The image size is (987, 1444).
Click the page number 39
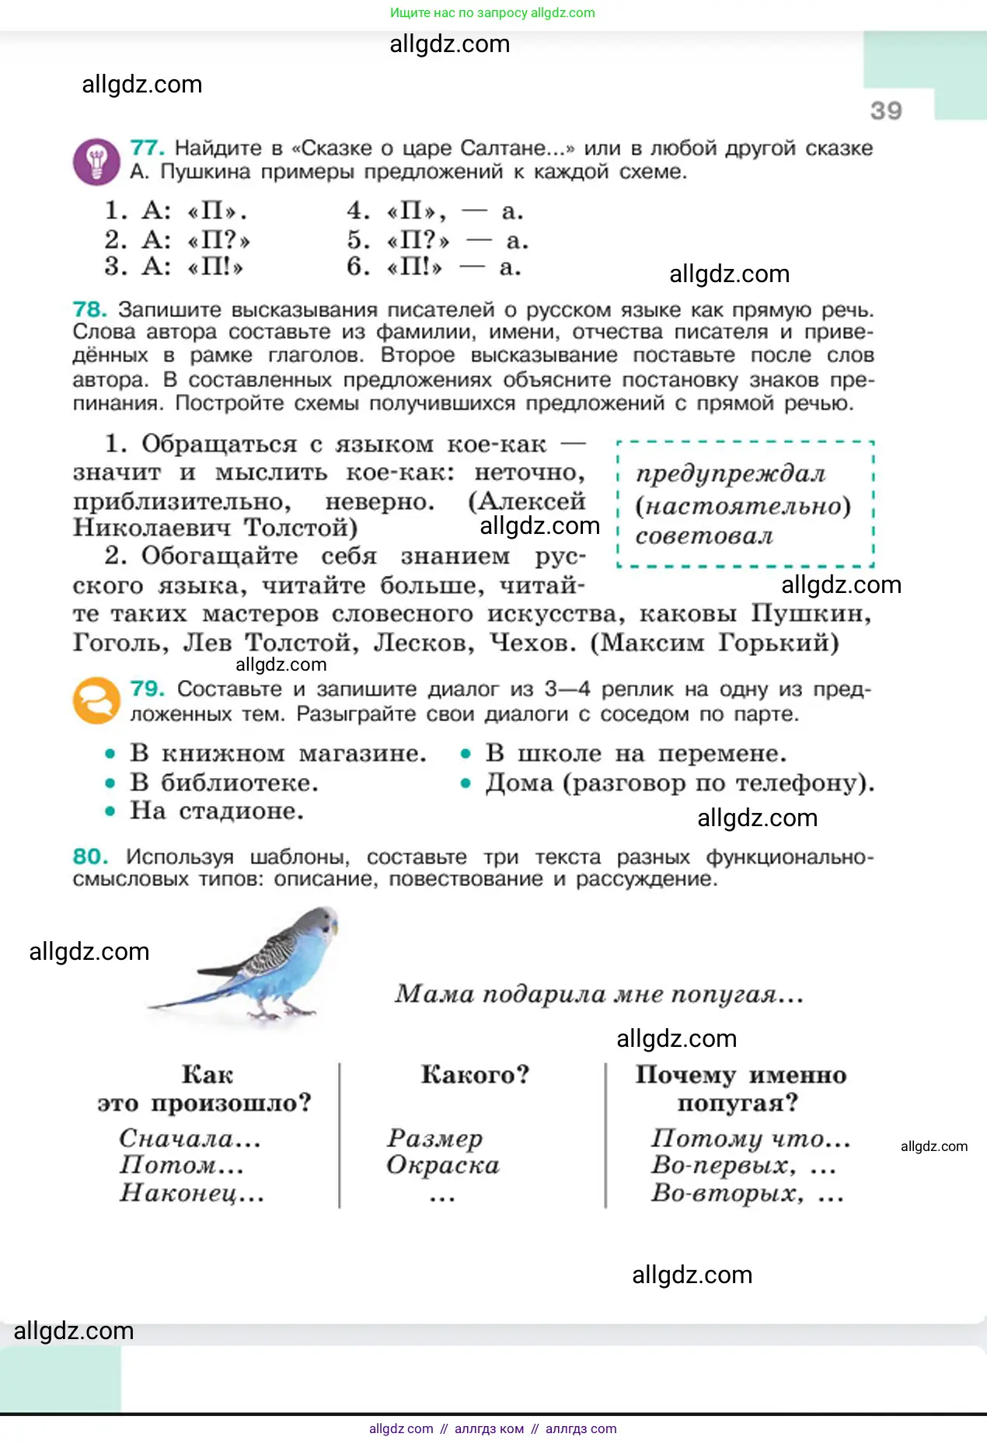point(886,110)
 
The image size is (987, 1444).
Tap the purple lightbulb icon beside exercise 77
point(96,162)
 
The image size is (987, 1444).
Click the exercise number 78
point(89,309)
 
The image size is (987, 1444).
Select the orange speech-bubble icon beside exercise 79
point(96,700)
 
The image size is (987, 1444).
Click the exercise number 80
point(89,856)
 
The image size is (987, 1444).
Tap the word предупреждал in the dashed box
point(731,473)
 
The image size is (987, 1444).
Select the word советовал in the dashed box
point(704,536)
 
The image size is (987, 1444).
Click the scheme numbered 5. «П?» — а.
point(438,240)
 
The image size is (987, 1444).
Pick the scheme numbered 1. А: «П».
point(176,211)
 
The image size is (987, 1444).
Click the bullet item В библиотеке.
point(224,783)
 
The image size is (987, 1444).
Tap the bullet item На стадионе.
point(216,811)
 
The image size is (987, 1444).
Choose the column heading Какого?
point(475,1074)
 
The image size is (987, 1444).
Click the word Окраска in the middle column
point(443,1165)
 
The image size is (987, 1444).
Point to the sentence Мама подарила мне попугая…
point(598,994)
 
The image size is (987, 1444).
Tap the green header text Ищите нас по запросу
point(459,12)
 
